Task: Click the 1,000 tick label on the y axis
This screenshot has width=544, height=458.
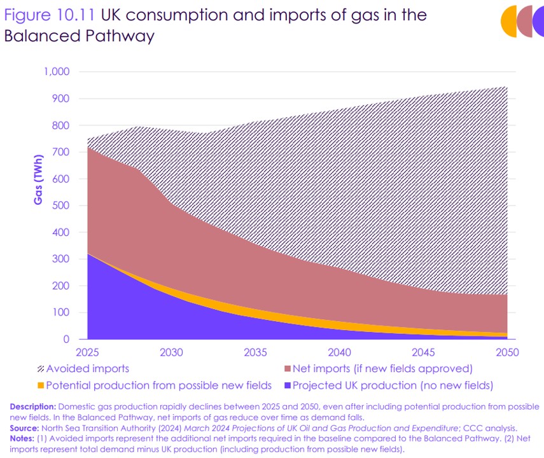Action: tap(56, 72)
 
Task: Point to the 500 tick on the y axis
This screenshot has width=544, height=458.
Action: tap(60, 205)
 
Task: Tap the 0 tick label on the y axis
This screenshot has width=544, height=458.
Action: tap(66, 339)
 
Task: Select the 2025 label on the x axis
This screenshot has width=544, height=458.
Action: tap(88, 352)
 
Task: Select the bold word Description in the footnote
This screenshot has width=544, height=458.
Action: tap(31, 406)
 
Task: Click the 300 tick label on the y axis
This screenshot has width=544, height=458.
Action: tap(60, 259)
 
